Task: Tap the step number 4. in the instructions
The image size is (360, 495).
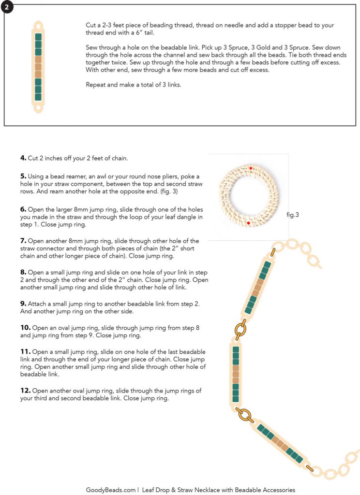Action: (x=23, y=158)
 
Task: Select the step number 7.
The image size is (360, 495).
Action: (x=23, y=240)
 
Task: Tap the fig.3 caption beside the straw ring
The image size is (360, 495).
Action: (x=292, y=214)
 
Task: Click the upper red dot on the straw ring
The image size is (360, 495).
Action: (x=251, y=168)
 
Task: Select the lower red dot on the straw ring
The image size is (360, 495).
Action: (x=248, y=223)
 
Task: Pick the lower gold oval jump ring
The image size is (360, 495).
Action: (x=245, y=414)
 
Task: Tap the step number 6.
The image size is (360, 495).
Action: (x=23, y=209)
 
